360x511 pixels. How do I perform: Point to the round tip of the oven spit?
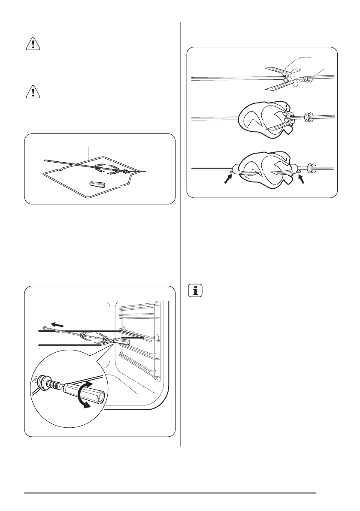[45, 327]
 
